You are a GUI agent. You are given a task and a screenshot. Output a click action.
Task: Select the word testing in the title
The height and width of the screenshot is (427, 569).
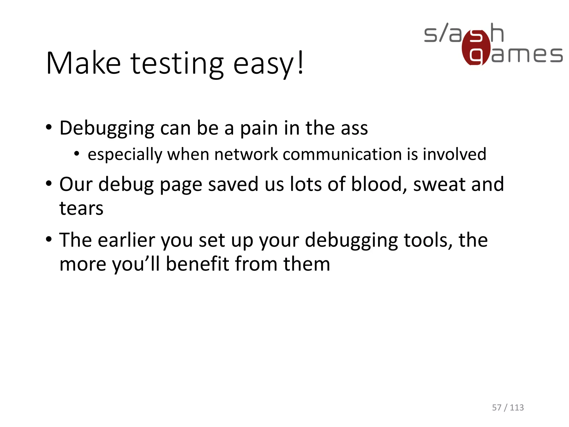pyautogui.click(x=177, y=64)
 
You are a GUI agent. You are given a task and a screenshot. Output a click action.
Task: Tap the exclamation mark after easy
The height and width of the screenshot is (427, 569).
pyautogui.click(x=301, y=63)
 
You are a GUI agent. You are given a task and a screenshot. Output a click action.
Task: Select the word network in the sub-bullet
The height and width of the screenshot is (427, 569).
pyautogui.click(x=246, y=154)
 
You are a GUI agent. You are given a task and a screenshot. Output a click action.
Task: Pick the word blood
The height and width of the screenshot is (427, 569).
pyautogui.click(x=377, y=184)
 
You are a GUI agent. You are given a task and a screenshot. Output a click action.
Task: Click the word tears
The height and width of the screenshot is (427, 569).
pyautogui.click(x=81, y=208)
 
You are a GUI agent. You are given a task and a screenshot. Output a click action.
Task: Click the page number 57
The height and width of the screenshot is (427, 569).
pyautogui.click(x=497, y=408)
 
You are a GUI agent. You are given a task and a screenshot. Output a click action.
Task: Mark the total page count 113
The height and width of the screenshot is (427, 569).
pyautogui.click(x=517, y=408)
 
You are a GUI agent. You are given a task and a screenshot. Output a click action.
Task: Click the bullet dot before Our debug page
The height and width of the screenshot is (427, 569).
pyautogui.click(x=49, y=184)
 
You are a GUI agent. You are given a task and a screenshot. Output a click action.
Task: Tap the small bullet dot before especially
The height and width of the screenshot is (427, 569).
pyautogui.click(x=77, y=154)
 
